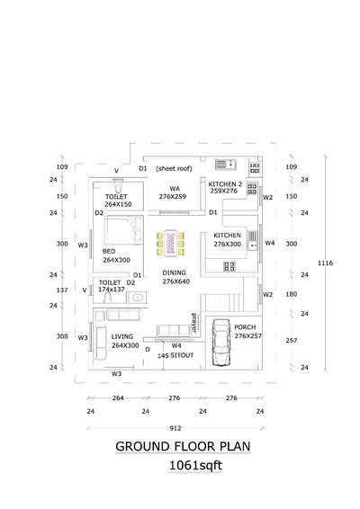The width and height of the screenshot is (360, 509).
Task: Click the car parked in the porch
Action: tap(221, 343)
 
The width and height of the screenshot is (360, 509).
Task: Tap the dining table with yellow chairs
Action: tap(170, 243)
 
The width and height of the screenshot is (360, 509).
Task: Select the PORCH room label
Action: tap(245, 327)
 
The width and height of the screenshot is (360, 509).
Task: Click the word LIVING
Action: tap(122, 336)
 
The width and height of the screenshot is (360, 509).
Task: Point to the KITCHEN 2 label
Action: tap(225, 184)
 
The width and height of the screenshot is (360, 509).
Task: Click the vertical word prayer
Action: tap(194, 323)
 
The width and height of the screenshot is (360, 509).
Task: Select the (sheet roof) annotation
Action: tap(175, 168)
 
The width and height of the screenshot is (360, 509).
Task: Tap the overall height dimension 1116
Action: tap(325, 263)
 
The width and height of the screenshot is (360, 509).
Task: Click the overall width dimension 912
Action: tap(175, 428)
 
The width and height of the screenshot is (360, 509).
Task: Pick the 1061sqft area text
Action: tap(195, 466)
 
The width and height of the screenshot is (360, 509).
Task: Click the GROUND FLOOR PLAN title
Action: tap(183, 446)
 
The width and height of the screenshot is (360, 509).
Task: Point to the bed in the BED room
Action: tap(124, 229)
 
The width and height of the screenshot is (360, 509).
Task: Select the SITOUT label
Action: tap(182, 355)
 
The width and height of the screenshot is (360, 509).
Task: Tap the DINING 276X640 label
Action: tap(175, 277)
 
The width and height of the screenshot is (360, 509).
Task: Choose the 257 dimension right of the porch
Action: tap(291, 341)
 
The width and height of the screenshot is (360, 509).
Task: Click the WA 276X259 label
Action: tap(173, 192)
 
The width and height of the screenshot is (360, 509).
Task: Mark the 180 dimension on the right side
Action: tap(291, 294)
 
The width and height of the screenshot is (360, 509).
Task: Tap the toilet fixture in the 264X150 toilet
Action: tap(118, 186)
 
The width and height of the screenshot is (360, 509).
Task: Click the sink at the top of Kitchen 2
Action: tap(226, 165)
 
